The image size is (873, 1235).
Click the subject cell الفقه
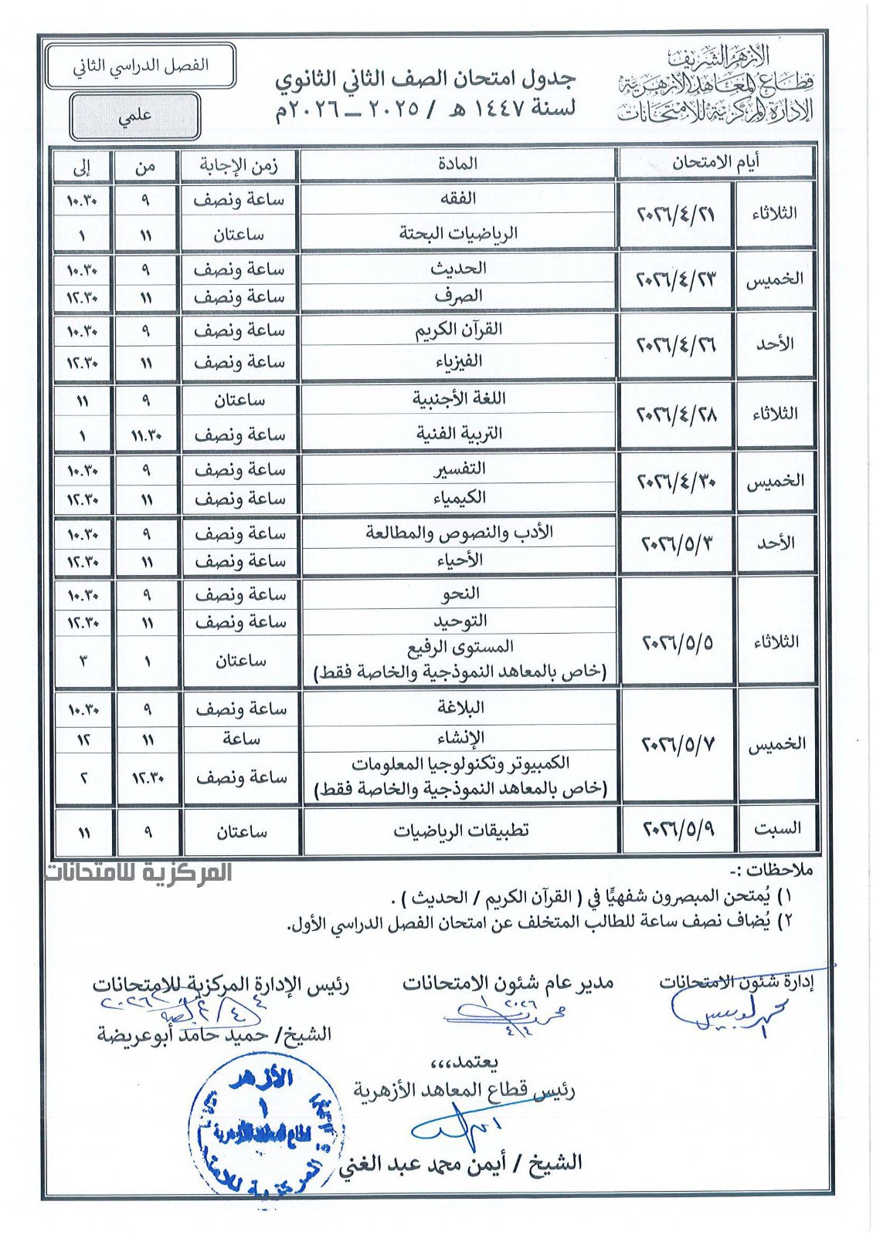click(x=458, y=198)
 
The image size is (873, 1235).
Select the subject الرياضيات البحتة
click(x=458, y=233)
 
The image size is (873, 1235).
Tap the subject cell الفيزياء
click(x=458, y=361)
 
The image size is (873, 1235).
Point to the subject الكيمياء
click(x=458, y=498)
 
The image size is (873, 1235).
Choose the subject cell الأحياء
click(x=458, y=560)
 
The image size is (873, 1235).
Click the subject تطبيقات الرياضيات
click(x=461, y=831)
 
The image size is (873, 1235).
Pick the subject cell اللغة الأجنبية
click(x=458, y=399)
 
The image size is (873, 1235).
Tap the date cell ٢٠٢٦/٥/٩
click(x=678, y=829)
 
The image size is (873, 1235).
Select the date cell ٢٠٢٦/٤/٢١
click(x=675, y=214)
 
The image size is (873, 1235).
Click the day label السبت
click(x=776, y=829)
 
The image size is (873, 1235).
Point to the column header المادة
click(x=458, y=164)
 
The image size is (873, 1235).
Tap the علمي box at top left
click(x=135, y=117)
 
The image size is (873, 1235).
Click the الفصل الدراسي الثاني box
click(x=141, y=66)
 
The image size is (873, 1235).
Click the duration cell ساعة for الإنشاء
click(x=240, y=739)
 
